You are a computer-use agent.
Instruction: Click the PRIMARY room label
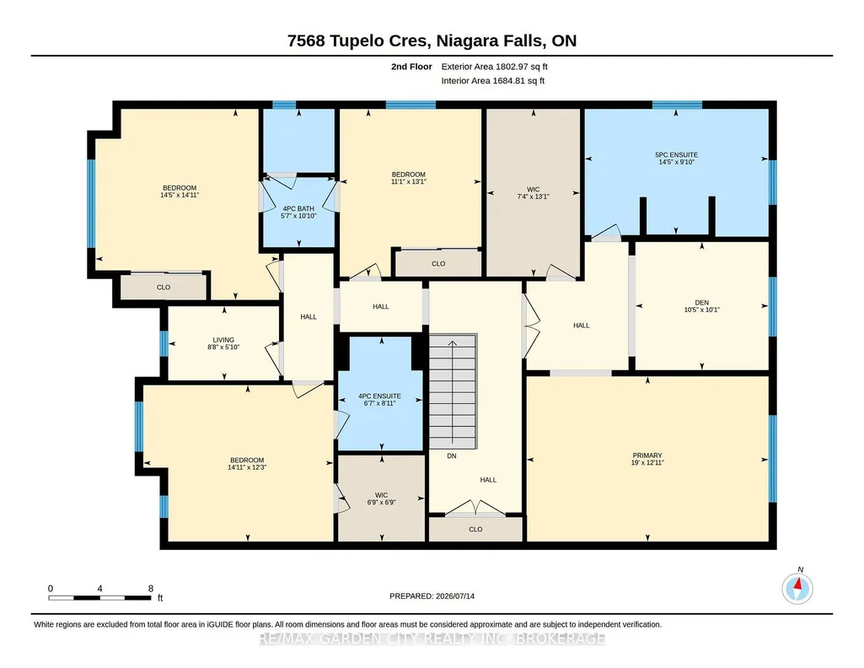(x=647, y=455)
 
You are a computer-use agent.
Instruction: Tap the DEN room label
(x=701, y=303)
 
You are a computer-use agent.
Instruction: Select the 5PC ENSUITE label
(x=676, y=155)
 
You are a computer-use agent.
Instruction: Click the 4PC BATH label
(x=298, y=208)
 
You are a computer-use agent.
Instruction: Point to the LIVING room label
(x=223, y=340)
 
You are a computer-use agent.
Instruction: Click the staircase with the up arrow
(x=453, y=391)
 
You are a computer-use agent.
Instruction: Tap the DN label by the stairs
(x=451, y=455)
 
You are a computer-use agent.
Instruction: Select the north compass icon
(x=797, y=588)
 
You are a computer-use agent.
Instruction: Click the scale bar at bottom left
(x=99, y=597)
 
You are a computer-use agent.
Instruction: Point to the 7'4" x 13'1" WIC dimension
(x=533, y=197)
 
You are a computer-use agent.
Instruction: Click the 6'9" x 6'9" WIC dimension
(x=381, y=502)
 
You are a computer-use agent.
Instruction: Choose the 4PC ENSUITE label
(x=379, y=396)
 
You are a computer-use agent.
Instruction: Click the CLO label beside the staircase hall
(x=475, y=529)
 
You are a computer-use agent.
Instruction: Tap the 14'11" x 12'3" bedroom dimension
(x=247, y=467)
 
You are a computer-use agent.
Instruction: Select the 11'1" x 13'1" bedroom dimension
(x=408, y=181)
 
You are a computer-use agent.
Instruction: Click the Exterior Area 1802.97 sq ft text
(x=494, y=67)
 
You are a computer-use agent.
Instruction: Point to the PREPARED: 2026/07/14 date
(x=432, y=595)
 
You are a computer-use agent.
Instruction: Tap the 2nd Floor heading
(x=411, y=67)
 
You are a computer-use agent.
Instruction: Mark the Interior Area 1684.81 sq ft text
(x=493, y=80)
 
